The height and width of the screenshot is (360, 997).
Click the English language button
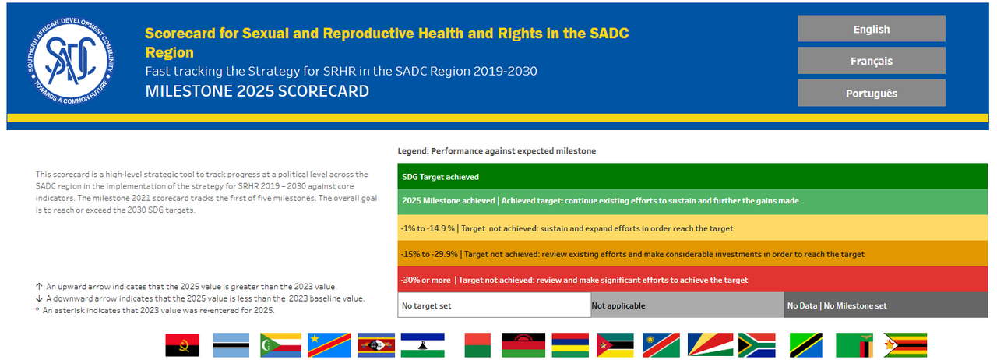click(x=871, y=29)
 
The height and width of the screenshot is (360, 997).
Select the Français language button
click(x=871, y=61)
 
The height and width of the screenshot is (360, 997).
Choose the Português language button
click(x=871, y=94)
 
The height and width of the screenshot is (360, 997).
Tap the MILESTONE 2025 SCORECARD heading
click(x=257, y=91)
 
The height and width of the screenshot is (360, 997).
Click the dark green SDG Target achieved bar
click(x=692, y=177)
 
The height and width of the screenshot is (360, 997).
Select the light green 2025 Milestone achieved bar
click(x=692, y=201)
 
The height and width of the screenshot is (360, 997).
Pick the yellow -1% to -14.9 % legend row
click(x=692, y=228)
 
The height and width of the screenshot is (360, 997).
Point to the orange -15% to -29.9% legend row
click(x=692, y=254)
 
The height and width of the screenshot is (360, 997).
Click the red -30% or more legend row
click(x=692, y=280)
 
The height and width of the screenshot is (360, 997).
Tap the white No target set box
click(x=494, y=305)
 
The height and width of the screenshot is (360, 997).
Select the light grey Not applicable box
click(x=686, y=305)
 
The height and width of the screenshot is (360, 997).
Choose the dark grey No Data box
click(x=886, y=305)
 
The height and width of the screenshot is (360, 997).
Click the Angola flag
click(x=182, y=345)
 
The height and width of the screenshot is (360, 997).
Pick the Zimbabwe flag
click(x=904, y=345)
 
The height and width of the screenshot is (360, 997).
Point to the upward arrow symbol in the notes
click(x=39, y=287)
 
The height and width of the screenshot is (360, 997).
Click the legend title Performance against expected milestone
click(x=497, y=150)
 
